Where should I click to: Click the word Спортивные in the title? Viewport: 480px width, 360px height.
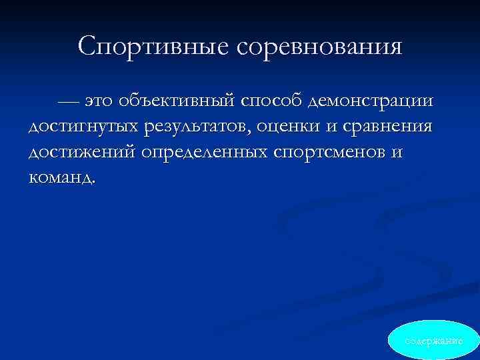153,47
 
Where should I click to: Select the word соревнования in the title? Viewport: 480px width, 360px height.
319,47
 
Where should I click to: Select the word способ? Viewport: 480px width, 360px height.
273,101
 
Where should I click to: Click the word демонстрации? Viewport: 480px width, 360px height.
371,101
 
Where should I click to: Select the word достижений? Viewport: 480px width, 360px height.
82,153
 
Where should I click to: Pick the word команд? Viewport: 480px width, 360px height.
60,177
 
